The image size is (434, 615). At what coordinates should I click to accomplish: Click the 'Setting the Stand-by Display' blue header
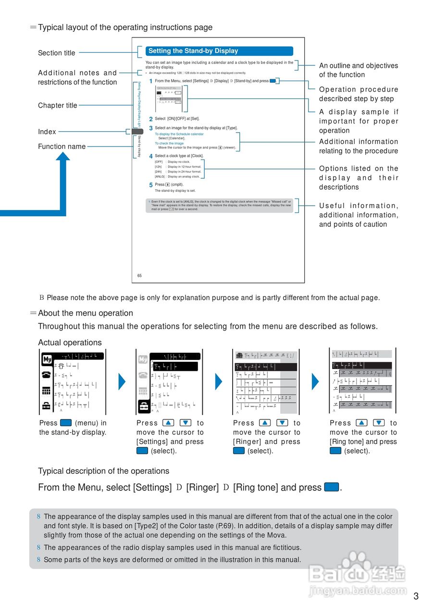[219, 51]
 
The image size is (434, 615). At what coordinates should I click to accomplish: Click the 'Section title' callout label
[57, 53]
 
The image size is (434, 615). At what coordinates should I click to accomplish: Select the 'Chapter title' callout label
[58, 105]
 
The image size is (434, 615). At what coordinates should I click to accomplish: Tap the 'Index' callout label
[47, 132]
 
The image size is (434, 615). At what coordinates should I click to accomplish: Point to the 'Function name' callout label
[62, 147]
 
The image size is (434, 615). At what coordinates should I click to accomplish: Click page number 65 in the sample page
[139, 276]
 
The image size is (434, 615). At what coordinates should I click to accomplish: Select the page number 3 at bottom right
[416, 596]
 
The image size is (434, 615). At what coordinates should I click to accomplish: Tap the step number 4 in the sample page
[150, 156]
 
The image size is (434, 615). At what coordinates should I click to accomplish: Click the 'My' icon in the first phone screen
[47, 359]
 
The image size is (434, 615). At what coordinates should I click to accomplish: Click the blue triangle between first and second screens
[122, 381]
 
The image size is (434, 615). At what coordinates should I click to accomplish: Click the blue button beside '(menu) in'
[66, 423]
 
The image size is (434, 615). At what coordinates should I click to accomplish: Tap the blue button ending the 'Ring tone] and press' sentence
[332, 487]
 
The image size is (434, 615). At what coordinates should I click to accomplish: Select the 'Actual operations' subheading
[70, 343]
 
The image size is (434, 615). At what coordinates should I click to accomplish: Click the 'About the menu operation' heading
[86, 313]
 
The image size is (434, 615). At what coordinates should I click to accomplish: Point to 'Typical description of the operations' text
[104, 471]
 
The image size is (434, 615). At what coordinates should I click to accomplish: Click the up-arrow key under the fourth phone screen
[362, 423]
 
